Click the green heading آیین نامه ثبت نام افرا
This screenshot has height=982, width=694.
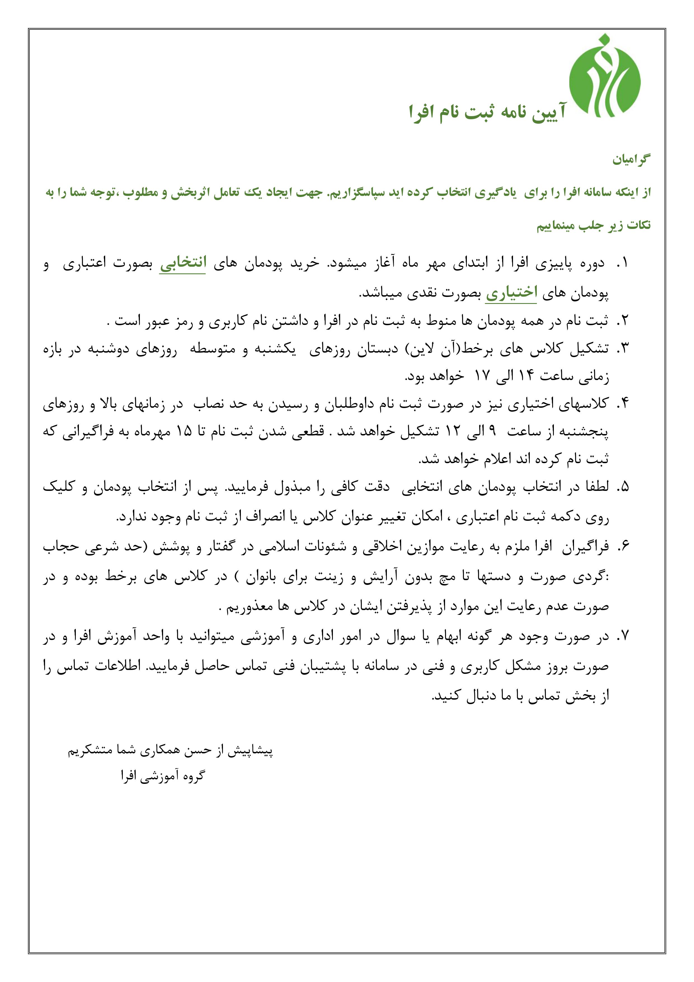[x=487, y=113]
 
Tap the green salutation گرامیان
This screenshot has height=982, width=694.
[x=631, y=160]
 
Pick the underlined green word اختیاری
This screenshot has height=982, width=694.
[x=511, y=293]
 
